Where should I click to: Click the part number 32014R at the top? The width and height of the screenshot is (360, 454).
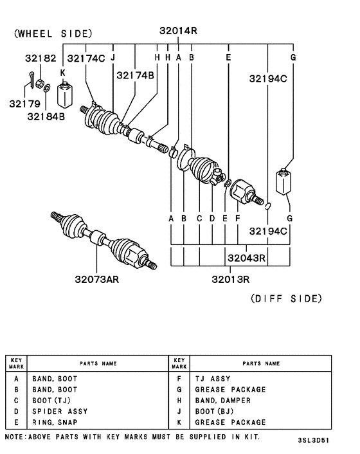click(x=177, y=30)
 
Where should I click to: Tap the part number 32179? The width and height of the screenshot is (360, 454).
click(x=24, y=102)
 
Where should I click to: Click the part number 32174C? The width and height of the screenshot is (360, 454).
click(x=85, y=59)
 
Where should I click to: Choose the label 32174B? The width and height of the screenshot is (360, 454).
click(x=135, y=76)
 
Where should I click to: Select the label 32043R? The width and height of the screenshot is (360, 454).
click(x=246, y=258)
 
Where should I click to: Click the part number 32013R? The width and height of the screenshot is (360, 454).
click(x=230, y=279)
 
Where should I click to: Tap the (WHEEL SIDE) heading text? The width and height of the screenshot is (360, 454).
click(x=53, y=33)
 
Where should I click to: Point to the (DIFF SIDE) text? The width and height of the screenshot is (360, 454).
click(x=285, y=298)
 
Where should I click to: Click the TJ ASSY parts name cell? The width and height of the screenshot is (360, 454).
click(x=213, y=379)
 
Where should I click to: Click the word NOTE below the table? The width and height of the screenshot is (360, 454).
click(x=15, y=437)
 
